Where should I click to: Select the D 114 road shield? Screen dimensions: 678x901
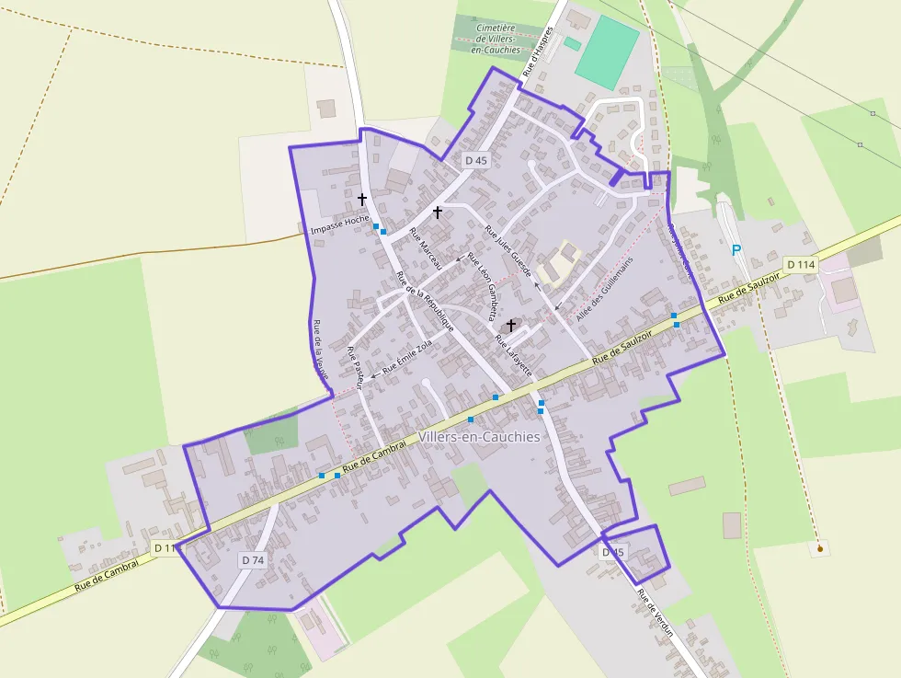[x=801, y=265]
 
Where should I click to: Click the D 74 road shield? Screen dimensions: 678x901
[x=253, y=559]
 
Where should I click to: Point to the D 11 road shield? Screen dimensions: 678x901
[x=164, y=548]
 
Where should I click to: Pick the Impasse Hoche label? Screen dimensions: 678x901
[x=339, y=222]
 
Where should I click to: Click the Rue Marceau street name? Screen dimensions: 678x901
[x=426, y=247]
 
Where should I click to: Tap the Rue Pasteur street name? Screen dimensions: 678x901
[x=356, y=367]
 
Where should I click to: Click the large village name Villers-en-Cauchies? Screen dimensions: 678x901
[x=479, y=437]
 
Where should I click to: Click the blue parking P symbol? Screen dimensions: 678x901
[x=736, y=250]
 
